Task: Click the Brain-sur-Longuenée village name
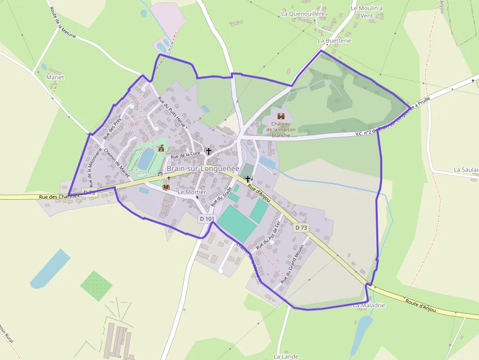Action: click(203, 169)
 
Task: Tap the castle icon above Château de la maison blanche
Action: click(281, 116)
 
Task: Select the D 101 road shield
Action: click(207, 219)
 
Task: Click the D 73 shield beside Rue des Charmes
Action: click(89, 193)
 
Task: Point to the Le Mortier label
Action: click(192, 192)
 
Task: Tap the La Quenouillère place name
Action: click(303, 14)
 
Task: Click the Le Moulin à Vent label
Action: click(367, 12)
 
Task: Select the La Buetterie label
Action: click(334, 41)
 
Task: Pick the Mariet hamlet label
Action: click(55, 77)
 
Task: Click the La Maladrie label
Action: click(369, 305)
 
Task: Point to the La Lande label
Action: click(286, 357)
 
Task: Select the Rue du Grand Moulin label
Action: click(293, 264)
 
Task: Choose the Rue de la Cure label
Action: click(185, 153)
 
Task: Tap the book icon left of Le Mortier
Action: click(166, 187)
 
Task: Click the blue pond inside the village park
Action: click(146, 159)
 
